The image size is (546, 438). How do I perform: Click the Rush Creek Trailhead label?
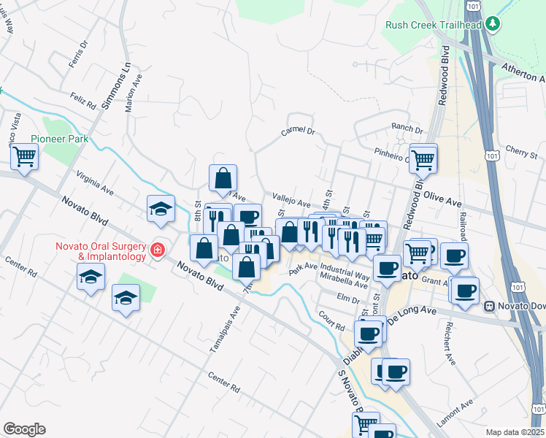[x=434, y=25]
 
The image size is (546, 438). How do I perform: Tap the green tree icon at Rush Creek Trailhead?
[x=493, y=24]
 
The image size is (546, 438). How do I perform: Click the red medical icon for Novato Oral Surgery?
[x=156, y=250]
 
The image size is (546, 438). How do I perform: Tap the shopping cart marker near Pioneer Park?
[x=24, y=156]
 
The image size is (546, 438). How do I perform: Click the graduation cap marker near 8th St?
[x=161, y=210]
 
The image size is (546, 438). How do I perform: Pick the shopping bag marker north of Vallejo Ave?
[x=223, y=177]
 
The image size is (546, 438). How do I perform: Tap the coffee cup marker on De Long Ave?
[x=368, y=333]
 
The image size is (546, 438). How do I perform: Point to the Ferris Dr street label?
[x=78, y=53]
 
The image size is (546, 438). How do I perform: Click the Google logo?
[x=24, y=429]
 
